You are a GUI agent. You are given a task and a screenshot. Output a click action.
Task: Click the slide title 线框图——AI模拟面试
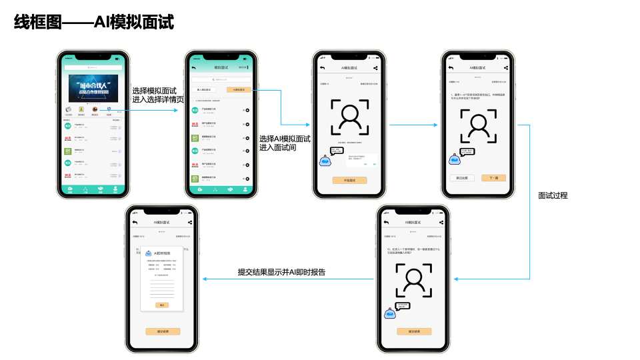(94, 23)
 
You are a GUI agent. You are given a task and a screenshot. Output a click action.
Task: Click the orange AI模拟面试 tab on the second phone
(239, 89)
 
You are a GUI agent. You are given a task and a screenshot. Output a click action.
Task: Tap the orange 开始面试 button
(349, 180)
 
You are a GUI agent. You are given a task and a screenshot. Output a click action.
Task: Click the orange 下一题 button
(494, 178)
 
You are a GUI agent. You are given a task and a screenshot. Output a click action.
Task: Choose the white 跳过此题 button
(461, 178)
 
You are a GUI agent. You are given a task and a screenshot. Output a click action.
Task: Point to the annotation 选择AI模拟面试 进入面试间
(285, 143)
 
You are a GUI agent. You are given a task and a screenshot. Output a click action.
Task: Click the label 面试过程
(553, 196)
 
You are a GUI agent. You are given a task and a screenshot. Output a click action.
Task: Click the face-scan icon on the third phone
(349, 117)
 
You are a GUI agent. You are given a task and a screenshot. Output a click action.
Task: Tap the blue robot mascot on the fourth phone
(455, 159)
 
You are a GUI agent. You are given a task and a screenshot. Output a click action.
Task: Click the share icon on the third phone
(377, 68)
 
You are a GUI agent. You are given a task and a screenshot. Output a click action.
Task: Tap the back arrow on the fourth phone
(451, 68)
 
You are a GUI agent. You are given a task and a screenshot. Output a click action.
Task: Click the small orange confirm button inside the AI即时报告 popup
(162, 305)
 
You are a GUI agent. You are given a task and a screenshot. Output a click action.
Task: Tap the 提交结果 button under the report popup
(163, 331)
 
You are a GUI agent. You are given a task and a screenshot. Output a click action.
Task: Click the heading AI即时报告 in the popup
(163, 254)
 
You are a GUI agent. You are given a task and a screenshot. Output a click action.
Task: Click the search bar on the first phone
(93, 68)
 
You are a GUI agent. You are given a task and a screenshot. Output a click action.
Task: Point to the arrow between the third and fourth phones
(408, 125)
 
